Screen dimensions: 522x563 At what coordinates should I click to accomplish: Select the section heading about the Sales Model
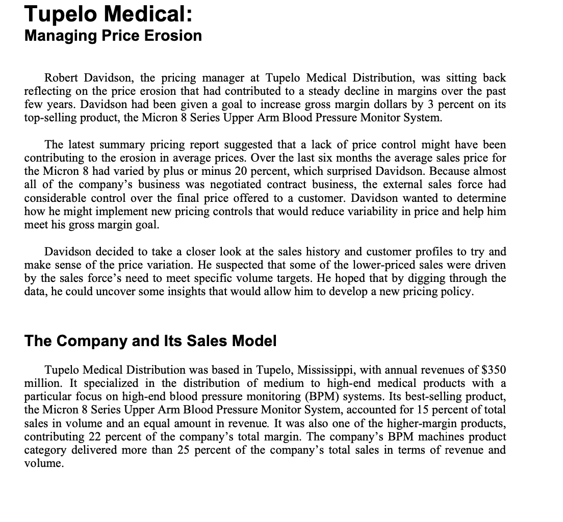click(150, 341)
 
